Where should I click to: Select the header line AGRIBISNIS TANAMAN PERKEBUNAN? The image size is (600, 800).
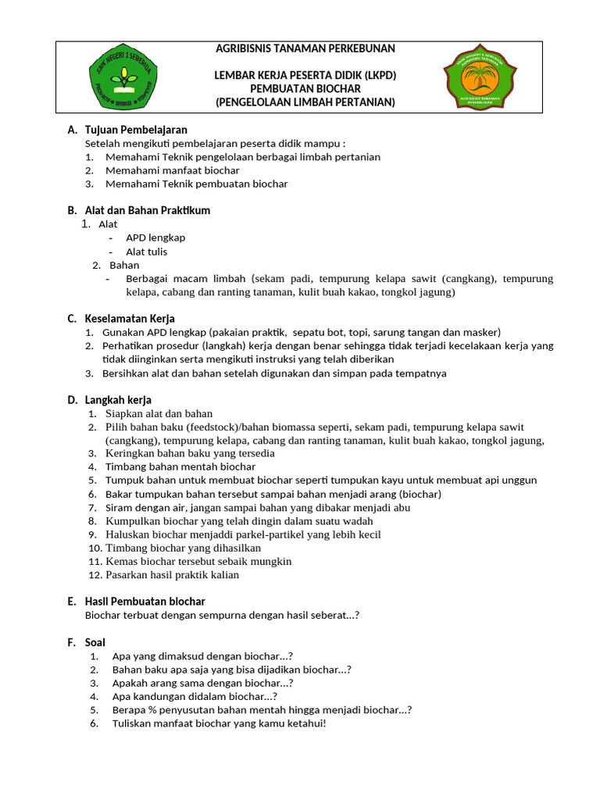click(305, 48)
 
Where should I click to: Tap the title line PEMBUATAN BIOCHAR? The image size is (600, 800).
click(305, 89)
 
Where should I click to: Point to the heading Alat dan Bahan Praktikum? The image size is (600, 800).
click(147, 210)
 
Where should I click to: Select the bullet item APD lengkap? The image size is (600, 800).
click(155, 237)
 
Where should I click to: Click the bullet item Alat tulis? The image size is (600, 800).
click(146, 252)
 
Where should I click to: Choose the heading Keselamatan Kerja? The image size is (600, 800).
click(130, 319)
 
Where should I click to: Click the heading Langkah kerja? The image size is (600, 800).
click(118, 400)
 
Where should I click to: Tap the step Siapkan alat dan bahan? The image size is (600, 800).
click(159, 413)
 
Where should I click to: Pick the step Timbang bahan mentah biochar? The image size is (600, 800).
click(180, 466)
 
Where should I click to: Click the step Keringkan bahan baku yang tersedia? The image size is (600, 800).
click(190, 453)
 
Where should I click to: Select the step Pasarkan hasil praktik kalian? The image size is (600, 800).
click(172, 575)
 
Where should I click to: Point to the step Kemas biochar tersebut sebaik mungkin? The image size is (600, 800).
click(198, 561)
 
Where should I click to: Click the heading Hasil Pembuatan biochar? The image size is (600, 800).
click(145, 602)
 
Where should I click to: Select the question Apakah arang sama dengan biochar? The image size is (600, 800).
click(202, 683)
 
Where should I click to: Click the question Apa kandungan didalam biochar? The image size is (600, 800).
click(195, 696)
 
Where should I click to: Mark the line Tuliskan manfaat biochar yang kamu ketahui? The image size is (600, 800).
click(219, 723)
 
